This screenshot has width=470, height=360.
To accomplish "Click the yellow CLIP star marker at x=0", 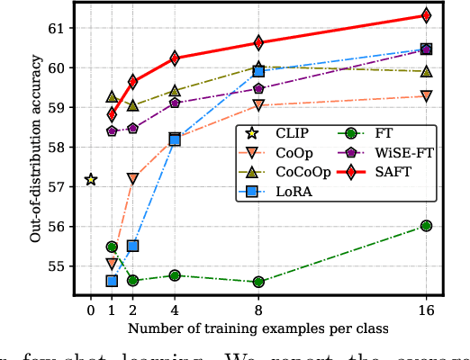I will [x=90, y=179].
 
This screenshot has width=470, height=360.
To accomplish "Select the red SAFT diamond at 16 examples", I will [x=426, y=15].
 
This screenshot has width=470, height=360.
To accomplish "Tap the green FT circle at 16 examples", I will [x=426, y=226].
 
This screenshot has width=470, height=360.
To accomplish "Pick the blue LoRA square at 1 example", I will [x=112, y=281].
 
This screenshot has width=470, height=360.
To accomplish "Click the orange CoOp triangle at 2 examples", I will [x=132, y=178].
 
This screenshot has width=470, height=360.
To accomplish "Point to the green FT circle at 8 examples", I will [x=258, y=282].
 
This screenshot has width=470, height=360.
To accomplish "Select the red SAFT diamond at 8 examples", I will [x=258, y=42].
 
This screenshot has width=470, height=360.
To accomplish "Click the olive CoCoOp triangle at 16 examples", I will [x=426, y=71].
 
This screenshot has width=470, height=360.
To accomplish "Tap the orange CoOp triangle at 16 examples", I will [x=426, y=95].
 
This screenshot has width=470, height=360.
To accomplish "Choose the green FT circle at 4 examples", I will [x=175, y=275].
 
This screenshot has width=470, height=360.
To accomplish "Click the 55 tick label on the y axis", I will [x=58, y=266].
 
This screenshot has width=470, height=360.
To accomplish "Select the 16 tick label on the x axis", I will [x=426, y=311].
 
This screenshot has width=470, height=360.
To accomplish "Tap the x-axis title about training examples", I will [x=258, y=328].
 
